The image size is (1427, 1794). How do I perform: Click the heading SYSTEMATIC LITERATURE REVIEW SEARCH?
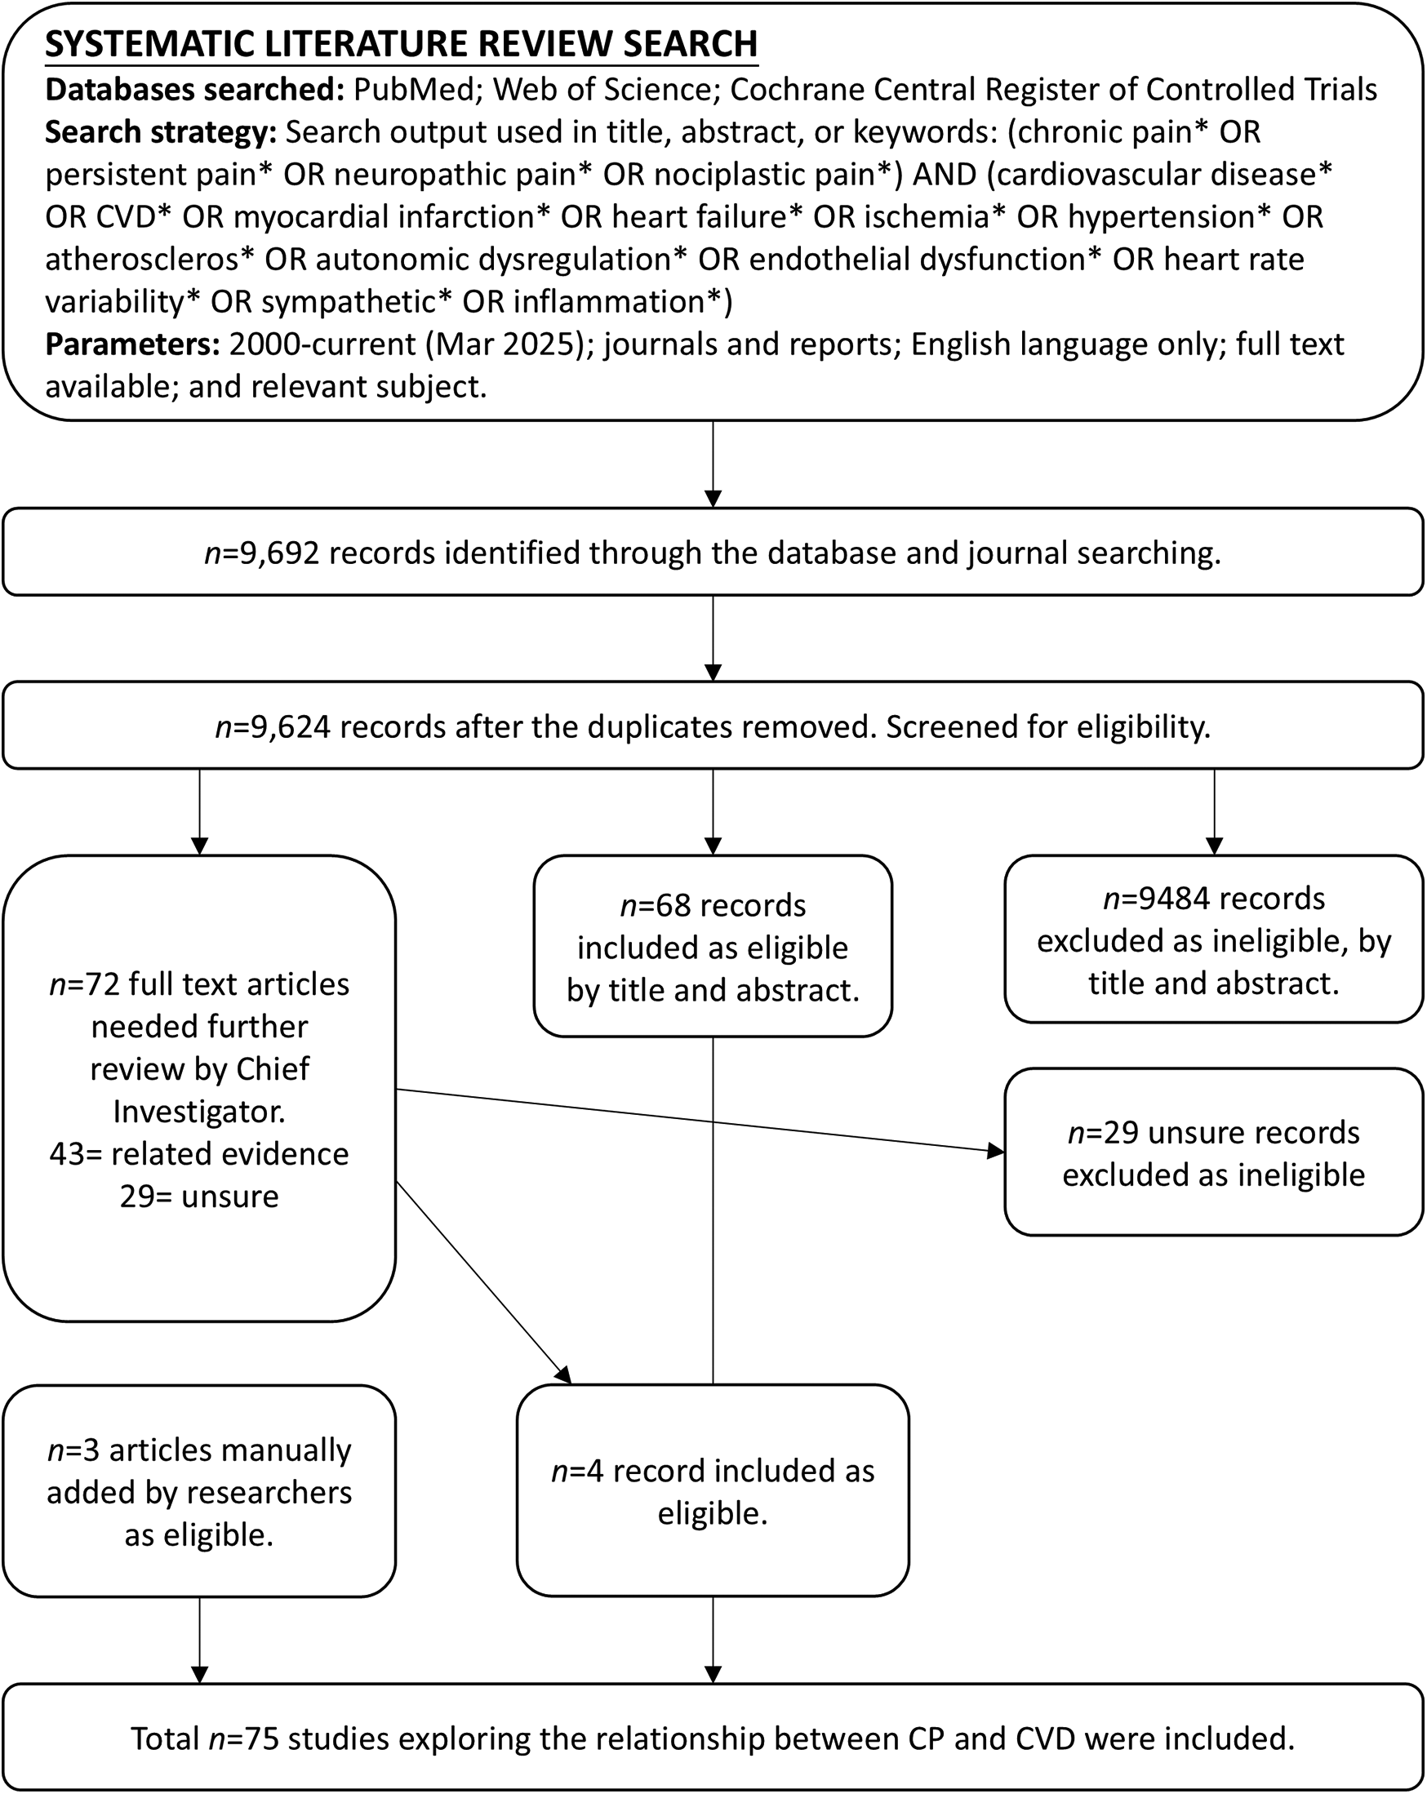pyautogui.click(x=401, y=44)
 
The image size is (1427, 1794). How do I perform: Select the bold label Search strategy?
pyautogui.click(x=161, y=131)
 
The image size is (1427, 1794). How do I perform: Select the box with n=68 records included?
pyautogui.click(x=712, y=946)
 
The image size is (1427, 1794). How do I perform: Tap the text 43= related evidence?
pyautogui.click(x=199, y=1153)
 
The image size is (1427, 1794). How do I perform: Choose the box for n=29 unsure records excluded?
pyautogui.click(x=1213, y=1152)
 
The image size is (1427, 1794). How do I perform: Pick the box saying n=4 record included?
pyautogui.click(x=712, y=1491)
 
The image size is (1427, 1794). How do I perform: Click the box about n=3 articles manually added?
pyautogui.click(x=199, y=1491)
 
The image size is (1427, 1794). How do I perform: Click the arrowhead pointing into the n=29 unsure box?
pyautogui.click(x=995, y=1152)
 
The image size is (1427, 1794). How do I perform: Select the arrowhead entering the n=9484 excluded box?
pyautogui.click(x=1214, y=846)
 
